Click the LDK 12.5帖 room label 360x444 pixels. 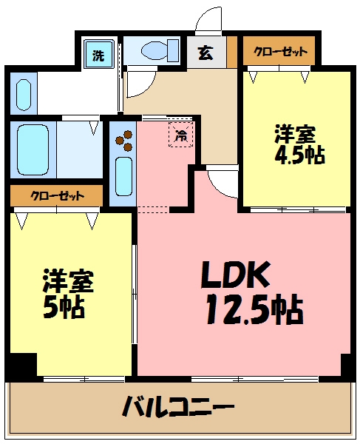coord(251,292)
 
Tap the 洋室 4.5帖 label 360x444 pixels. coord(299,145)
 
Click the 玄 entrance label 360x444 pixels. coord(205,53)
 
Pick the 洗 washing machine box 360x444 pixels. coord(98,54)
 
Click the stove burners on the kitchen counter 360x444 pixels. coord(123,140)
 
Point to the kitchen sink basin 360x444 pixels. coord(123,178)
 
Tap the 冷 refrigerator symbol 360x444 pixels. coord(180,134)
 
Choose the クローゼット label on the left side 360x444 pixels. coord(55,196)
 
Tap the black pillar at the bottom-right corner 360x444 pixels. coord(347,365)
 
